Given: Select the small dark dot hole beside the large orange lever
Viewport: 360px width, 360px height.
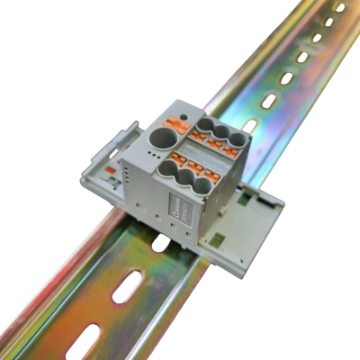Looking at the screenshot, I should tap(184, 118).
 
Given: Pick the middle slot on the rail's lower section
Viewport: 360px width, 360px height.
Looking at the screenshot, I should tap(126, 287).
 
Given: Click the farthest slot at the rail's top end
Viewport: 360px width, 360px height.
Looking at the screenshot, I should tap(340, 7).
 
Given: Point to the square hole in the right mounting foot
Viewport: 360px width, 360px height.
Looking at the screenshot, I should tap(218, 238).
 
